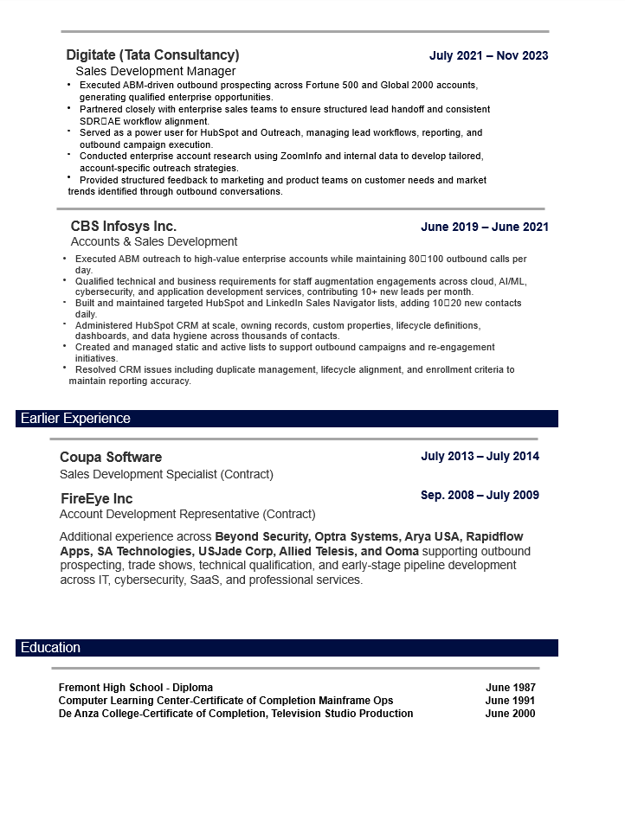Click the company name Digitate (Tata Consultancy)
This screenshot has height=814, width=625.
pyautogui.click(x=152, y=55)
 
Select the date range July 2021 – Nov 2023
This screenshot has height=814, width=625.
pyautogui.click(x=488, y=56)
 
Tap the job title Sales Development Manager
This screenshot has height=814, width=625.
pyautogui.click(x=155, y=71)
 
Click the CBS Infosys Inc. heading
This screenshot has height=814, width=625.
pyautogui.click(x=124, y=227)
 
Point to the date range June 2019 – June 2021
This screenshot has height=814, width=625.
pyautogui.click(x=484, y=228)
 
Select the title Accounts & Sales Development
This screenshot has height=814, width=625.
pyautogui.click(x=154, y=242)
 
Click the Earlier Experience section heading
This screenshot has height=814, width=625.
pyautogui.click(x=75, y=419)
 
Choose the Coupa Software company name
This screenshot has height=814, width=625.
pyautogui.click(x=111, y=457)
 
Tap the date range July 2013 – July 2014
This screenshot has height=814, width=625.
pyautogui.click(x=480, y=456)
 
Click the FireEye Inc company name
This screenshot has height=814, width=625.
pyautogui.click(x=96, y=499)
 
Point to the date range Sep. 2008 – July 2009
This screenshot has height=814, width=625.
pyautogui.click(x=480, y=496)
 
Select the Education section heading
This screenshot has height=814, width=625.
pyautogui.click(x=50, y=648)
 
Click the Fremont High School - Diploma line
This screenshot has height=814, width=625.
pyautogui.click(x=135, y=688)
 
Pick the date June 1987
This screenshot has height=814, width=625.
pyautogui.click(x=510, y=688)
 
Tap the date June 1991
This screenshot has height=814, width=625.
pyautogui.click(x=510, y=701)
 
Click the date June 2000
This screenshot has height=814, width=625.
pyautogui.click(x=510, y=714)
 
